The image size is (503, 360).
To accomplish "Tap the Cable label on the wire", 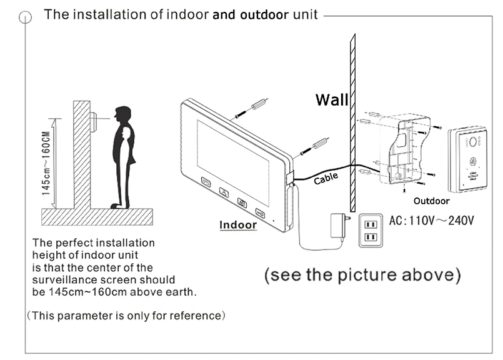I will click(326, 179).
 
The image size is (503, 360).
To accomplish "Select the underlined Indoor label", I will click(238, 225).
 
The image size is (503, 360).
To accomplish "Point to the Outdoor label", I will click(431, 201).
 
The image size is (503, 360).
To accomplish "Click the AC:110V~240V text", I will click(432, 221).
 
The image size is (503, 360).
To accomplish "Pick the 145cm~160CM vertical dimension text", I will click(47, 164).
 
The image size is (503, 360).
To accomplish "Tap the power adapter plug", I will click(337, 224).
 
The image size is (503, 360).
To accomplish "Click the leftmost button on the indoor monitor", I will click(206, 183).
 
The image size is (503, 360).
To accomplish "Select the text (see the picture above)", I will click(362, 275).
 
